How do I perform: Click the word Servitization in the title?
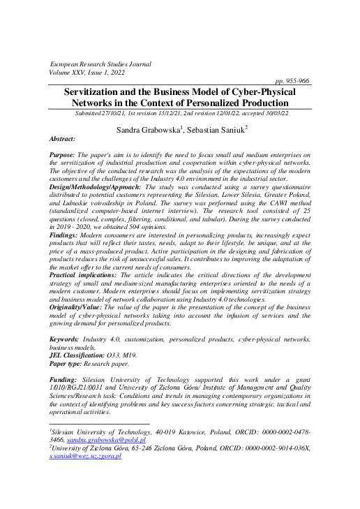pos(96,92)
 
